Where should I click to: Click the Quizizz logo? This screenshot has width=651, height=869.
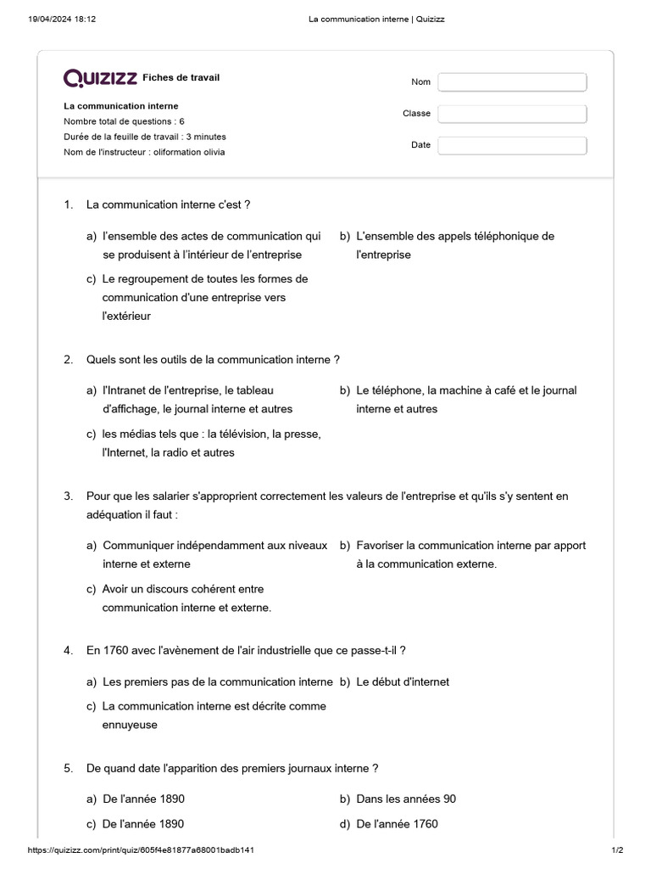tap(100, 78)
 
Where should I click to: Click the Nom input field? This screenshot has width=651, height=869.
tap(512, 82)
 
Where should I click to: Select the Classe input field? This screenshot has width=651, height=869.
tap(512, 114)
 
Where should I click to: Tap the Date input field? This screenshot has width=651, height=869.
tap(512, 145)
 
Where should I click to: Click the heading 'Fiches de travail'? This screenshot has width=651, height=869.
tap(181, 78)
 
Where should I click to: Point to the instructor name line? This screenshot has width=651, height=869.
tap(144, 152)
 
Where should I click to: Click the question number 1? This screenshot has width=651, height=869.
tap(68, 205)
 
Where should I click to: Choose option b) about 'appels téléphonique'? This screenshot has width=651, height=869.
tap(454, 245)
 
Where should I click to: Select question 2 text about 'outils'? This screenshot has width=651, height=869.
tap(213, 360)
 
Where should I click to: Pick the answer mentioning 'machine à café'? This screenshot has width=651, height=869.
tap(465, 400)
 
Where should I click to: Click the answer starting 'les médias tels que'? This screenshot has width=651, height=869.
tap(211, 443)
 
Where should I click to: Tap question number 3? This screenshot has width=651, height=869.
tap(68, 496)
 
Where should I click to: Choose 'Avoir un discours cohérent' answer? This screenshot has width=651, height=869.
tap(186, 598)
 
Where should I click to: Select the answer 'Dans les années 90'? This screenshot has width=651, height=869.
tap(406, 799)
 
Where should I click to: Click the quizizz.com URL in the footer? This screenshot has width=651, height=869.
tap(142, 849)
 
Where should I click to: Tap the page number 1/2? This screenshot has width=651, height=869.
tap(617, 849)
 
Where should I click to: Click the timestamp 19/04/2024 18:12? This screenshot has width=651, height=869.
tap(62, 19)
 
